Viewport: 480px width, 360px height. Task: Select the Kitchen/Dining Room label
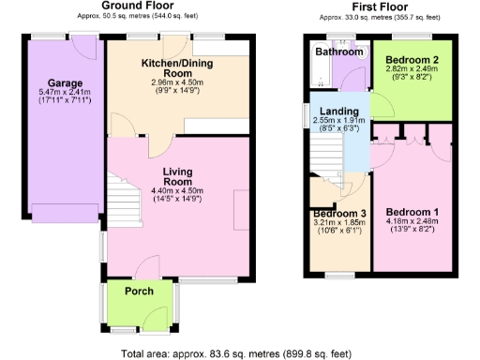tap(177, 67)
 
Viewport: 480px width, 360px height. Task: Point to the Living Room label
tap(177, 177)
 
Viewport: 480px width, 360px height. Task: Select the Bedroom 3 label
tap(338, 213)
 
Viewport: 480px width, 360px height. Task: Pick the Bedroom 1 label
tap(410, 211)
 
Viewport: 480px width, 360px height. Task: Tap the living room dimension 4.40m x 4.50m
tap(177, 190)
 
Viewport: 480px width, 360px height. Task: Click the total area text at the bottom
tap(235, 353)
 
